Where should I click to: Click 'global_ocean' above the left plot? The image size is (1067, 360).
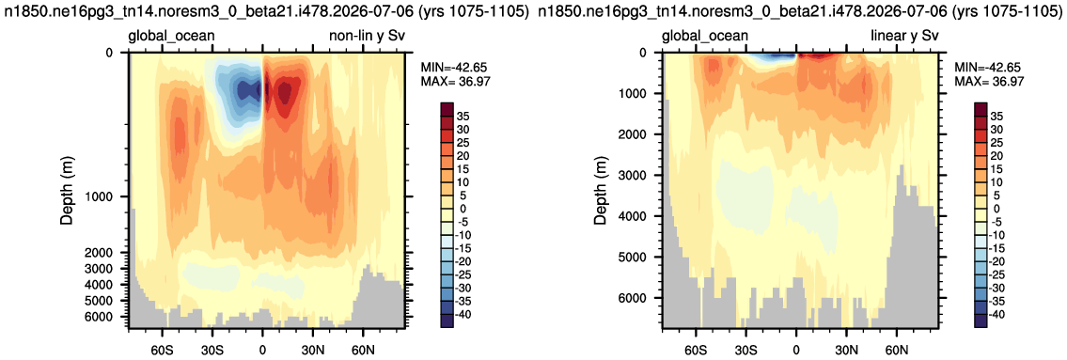(171, 37)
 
